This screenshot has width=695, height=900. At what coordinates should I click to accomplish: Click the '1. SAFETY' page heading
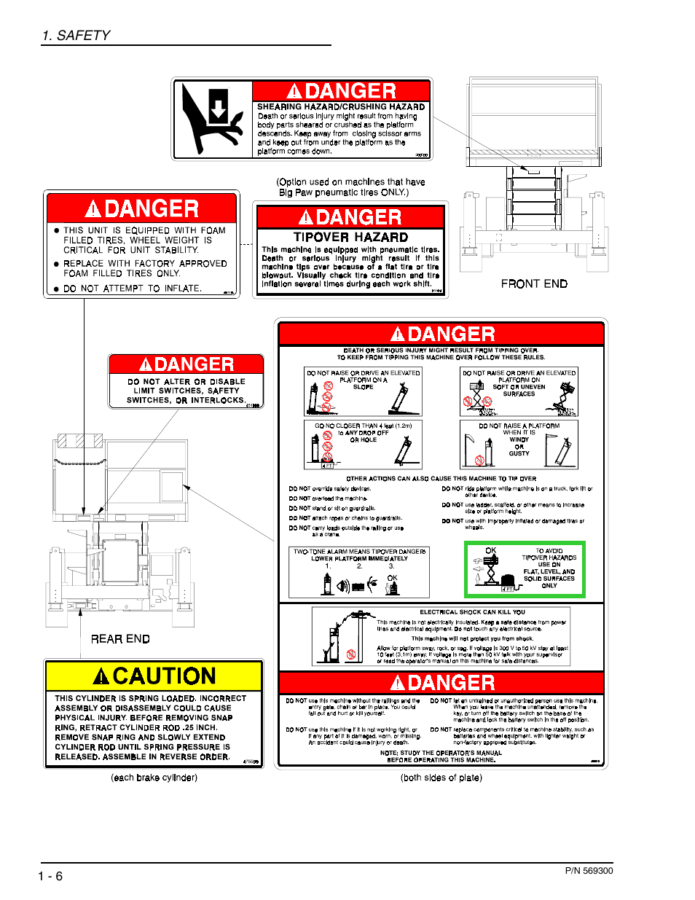click(x=76, y=35)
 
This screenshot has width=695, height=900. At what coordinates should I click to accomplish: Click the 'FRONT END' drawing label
click(x=533, y=283)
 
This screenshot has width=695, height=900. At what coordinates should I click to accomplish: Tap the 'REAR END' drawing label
click(x=120, y=638)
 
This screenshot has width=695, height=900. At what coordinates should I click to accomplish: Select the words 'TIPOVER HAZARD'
click(x=350, y=237)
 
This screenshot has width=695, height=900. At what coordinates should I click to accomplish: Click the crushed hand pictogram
click(x=212, y=120)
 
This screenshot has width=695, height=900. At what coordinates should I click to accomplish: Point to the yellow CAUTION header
click(x=154, y=676)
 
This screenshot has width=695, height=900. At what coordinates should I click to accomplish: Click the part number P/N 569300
click(x=589, y=870)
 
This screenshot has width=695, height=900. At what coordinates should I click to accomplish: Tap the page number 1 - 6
click(x=50, y=876)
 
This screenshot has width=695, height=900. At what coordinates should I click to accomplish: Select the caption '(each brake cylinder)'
click(x=154, y=778)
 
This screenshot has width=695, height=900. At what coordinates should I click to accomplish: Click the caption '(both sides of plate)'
click(x=441, y=778)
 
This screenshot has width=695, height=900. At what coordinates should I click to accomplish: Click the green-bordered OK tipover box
click(x=525, y=569)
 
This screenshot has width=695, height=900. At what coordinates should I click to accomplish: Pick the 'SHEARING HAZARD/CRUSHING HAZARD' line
click(x=341, y=106)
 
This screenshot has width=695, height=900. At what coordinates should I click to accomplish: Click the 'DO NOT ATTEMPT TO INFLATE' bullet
click(x=132, y=289)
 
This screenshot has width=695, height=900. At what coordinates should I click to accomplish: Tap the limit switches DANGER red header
click(x=186, y=364)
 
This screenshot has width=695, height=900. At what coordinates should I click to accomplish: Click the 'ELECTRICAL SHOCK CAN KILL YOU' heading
click(x=472, y=612)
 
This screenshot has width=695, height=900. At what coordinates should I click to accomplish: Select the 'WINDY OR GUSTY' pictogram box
click(x=519, y=444)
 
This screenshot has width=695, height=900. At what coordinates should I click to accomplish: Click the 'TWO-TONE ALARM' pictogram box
click(x=359, y=572)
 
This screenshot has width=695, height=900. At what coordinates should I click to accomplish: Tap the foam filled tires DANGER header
click(x=141, y=208)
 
